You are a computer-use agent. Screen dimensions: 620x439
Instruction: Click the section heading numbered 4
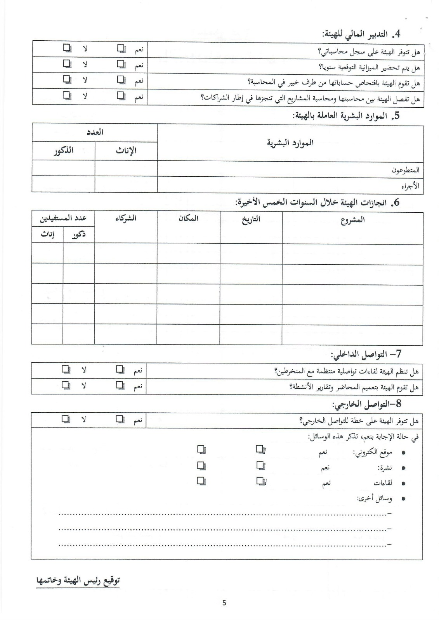click(361, 34)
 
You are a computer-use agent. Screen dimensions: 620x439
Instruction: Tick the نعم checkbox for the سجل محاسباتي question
click(121, 48)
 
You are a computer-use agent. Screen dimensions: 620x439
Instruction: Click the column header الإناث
click(126, 151)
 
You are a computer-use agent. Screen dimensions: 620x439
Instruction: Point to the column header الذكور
click(63, 150)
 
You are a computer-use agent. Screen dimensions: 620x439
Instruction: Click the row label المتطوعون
click(406, 170)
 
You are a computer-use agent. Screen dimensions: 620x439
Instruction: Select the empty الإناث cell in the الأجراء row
click(126, 184)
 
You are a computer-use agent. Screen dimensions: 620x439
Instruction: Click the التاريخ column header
click(251, 220)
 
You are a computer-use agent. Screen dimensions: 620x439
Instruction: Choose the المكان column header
click(189, 218)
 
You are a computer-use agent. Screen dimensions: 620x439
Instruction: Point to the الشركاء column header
click(126, 218)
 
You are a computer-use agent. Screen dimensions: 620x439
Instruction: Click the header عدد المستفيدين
click(63, 218)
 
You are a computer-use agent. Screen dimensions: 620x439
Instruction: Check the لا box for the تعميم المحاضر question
click(66, 385)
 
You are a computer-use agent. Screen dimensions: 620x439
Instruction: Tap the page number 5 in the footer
click(224, 603)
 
